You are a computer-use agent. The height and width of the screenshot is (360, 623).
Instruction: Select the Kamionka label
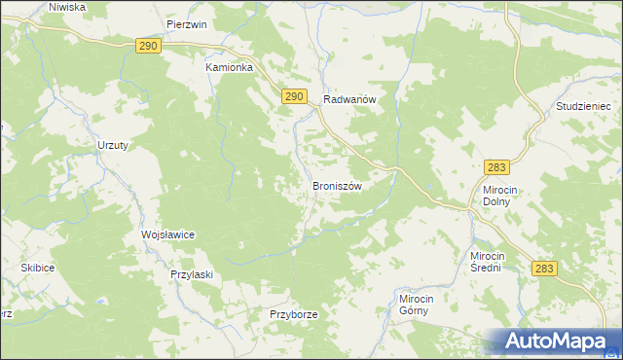(x=230, y=68)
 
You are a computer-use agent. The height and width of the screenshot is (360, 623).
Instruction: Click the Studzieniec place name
(x=581, y=105)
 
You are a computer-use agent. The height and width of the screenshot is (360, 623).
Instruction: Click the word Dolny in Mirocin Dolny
(x=498, y=203)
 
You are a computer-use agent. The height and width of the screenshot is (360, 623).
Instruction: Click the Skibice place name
(x=37, y=267)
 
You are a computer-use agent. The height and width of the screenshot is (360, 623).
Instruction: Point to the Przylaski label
(x=191, y=274)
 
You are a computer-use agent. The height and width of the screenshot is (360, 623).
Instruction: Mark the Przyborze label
(x=294, y=315)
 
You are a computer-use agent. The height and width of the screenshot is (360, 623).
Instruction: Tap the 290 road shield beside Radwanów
(x=296, y=95)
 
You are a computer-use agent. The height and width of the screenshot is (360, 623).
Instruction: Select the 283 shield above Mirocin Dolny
(x=498, y=168)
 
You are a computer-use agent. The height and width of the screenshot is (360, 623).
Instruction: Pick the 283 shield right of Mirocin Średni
(x=545, y=268)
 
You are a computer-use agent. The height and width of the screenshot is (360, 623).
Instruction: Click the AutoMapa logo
(x=555, y=341)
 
